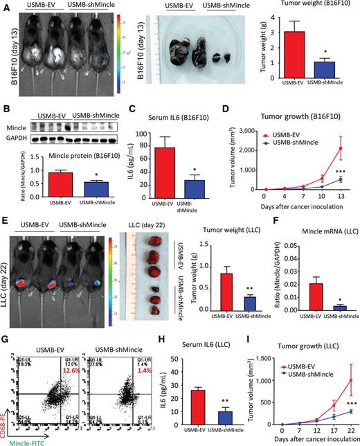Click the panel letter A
coord(5,6)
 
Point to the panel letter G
coord(5,339)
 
